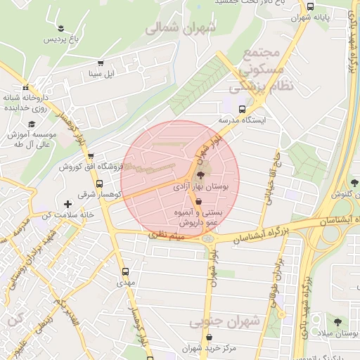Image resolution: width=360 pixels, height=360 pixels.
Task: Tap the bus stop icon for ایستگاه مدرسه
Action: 243,110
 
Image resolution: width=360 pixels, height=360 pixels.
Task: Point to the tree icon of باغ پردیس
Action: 63,29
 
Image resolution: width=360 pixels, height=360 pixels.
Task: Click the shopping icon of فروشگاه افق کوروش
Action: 91,157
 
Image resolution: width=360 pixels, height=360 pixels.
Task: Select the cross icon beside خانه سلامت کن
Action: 68,204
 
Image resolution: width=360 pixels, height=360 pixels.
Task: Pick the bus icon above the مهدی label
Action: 126,271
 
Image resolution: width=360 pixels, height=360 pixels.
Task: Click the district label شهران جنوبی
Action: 226,322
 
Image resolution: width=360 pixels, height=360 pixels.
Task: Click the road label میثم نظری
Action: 166,238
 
